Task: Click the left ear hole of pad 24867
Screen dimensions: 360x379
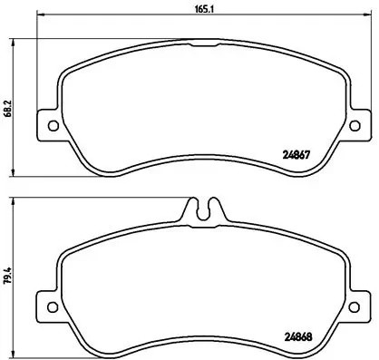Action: coord(52,125)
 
